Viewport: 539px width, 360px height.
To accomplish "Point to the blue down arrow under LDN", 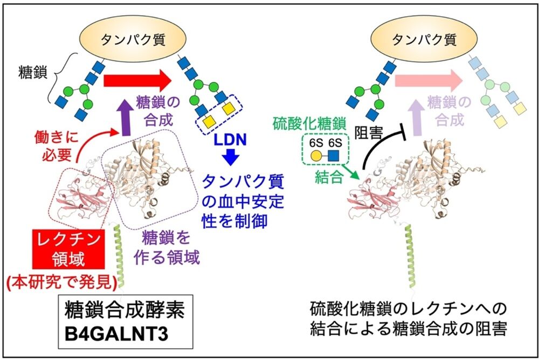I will point(231,158).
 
